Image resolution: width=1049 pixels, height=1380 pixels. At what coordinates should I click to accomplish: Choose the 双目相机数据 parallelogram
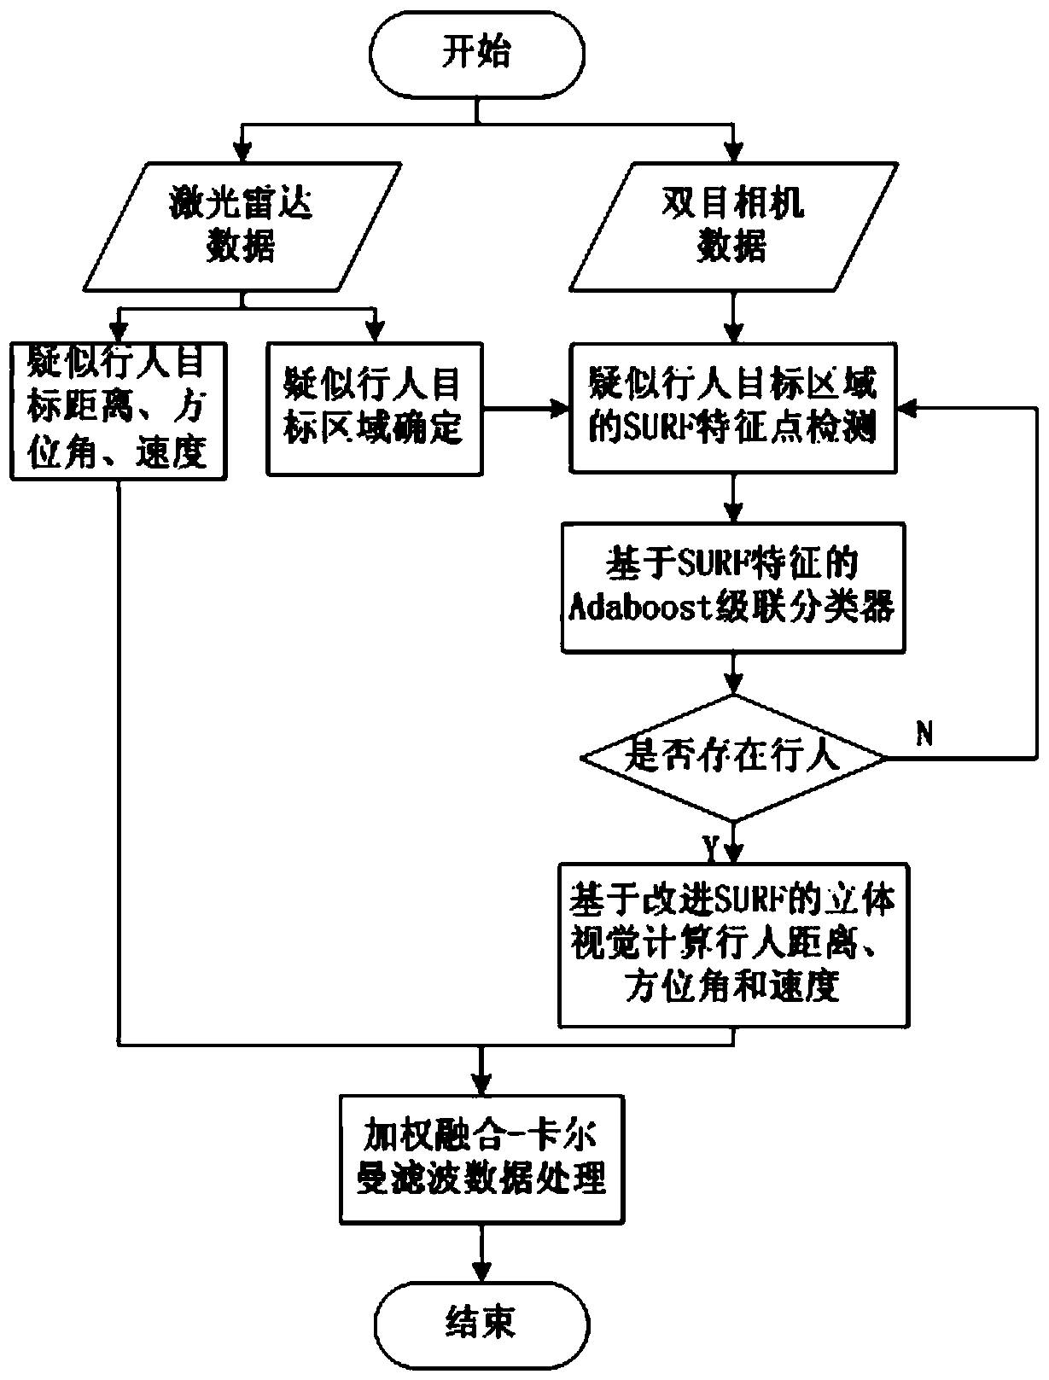tap(732, 225)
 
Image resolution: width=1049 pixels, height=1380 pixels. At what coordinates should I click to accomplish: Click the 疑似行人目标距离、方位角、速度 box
tap(118, 410)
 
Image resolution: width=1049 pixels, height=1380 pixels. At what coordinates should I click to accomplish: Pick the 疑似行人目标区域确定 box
tap(374, 409)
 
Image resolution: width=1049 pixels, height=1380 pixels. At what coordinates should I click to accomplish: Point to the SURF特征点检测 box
tap(733, 408)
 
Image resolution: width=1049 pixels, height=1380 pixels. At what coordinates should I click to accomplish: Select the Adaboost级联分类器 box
tap(732, 587)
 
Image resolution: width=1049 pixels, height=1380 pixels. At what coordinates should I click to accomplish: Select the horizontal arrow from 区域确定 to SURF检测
tap(526, 409)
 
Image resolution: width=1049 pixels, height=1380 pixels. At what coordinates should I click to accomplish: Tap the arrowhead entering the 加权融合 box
tap(481, 1084)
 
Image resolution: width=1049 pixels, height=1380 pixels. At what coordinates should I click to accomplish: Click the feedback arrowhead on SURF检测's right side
tap(906, 409)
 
